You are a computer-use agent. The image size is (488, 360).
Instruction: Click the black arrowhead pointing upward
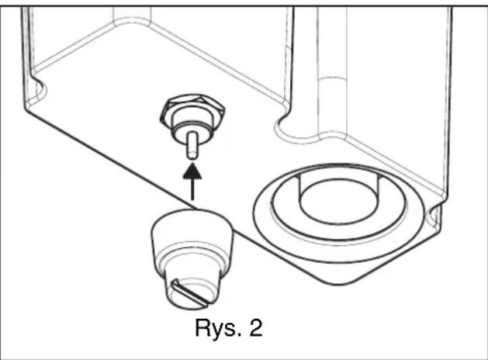tap(192, 172)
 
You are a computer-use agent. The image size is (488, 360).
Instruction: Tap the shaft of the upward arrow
tap(192, 189)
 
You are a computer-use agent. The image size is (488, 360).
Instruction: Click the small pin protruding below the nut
tap(192, 145)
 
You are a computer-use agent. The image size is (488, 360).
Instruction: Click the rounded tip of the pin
tap(192, 157)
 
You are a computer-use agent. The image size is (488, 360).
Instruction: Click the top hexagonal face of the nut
tap(192, 104)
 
